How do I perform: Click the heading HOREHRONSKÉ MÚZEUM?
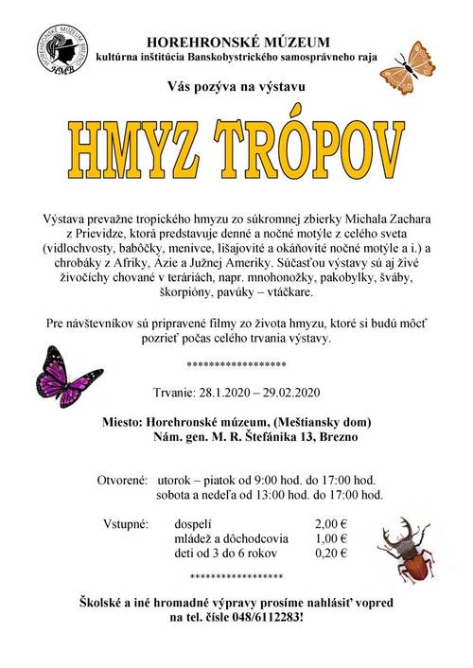tap(238, 42)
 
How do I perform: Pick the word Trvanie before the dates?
tap(173, 393)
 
